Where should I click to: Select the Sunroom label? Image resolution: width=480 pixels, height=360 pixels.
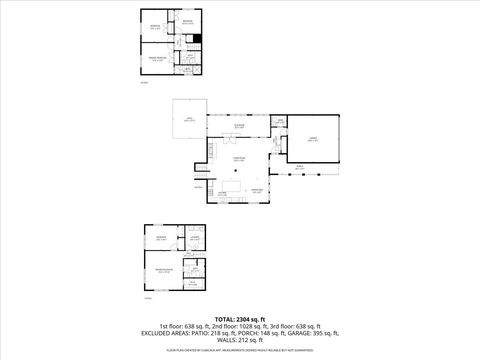click(x=239, y=126)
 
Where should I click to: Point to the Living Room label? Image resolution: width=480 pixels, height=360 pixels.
click(x=239, y=160)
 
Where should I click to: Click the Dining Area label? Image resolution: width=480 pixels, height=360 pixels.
click(x=257, y=191)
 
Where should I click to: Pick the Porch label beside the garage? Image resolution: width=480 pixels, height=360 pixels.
click(x=299, y=166)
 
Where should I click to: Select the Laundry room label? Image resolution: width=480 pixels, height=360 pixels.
click(x=193, y=237)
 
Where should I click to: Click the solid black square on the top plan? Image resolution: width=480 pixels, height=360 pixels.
click(x=198, y=38)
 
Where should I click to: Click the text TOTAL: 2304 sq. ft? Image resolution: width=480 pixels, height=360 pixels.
click(x=240, y=318)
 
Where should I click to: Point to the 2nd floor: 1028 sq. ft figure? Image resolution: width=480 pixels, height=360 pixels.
click(x=240, y=325)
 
